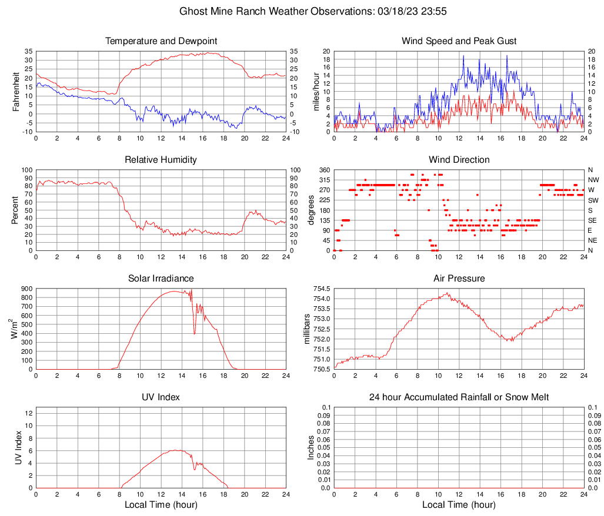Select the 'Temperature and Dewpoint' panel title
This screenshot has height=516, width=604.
pos(161,41)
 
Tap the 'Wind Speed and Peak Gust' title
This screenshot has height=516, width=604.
pos(459,41)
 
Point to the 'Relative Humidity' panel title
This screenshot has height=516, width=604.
pos(161,160)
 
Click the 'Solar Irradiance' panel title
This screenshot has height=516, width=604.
pos(161,279)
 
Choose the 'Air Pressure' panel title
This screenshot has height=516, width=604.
pos(459,279)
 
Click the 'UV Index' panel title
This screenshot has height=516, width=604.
pos(161,397)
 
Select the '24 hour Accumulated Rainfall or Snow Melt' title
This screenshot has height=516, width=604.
pos(459,397)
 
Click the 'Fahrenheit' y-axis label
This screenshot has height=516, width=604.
pos(16,92)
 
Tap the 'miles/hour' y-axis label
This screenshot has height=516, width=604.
pos(316,92)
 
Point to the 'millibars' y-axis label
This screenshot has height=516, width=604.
pos(306,329)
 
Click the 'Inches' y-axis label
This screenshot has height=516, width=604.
pos(311,448)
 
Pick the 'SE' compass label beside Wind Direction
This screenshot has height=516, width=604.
pos(594,220)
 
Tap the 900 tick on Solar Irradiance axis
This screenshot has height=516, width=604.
pos(26,289)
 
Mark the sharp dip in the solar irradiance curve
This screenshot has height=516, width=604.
pos(195,333)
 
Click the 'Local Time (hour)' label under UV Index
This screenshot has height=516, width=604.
pos(161,505)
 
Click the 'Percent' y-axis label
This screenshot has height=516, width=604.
pos(16,210)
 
